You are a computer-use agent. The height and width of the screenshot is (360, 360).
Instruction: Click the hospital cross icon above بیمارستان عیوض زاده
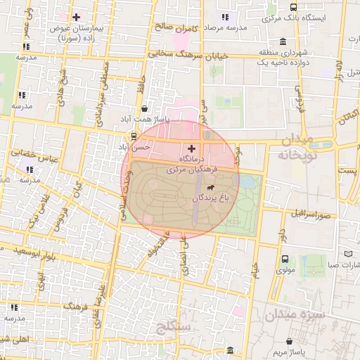tap(76, 16)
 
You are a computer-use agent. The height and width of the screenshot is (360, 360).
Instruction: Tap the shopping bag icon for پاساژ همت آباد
tap(145, 109)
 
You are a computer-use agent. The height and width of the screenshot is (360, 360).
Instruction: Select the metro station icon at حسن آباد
tap(134, 136)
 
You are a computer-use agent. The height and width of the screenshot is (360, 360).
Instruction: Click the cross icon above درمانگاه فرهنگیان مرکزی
tap(191, 149)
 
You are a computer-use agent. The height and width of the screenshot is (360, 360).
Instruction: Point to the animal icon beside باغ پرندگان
tap(210, 188)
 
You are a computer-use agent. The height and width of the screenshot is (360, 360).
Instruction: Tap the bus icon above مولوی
tap(285, 258)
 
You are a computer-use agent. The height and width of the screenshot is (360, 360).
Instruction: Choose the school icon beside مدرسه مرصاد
tap(225, 16)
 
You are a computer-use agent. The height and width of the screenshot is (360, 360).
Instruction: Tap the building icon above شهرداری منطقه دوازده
tap(282, 41)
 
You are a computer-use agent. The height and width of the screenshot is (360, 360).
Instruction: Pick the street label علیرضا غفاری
tap(102, 302)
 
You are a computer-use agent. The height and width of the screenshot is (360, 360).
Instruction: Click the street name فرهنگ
tap(73, 307)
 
